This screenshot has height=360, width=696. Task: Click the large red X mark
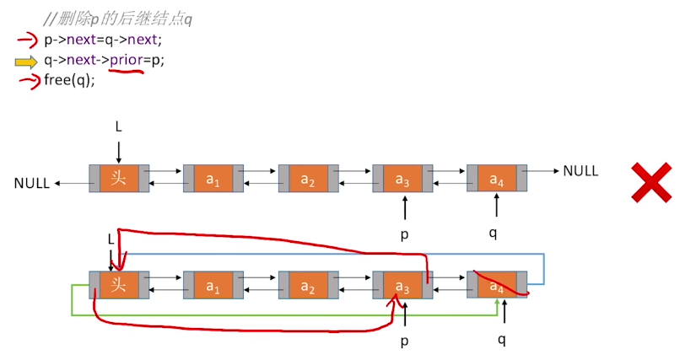tap(651, 182)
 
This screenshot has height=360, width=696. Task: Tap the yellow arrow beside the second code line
tap(26, 62)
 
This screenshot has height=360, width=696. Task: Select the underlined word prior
tap(126, 61)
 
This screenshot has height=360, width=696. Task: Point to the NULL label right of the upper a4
tap(580, 170)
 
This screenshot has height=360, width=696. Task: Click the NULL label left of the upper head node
tap(31, 183)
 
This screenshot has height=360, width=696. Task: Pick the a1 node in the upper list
tap(213, 178)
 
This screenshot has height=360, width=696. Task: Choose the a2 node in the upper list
tap(308, 178)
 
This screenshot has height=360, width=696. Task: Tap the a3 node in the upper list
tap(402, 178)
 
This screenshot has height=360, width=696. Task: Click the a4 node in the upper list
tap(497, 178)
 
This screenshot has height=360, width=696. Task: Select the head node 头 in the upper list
tap(119, 178)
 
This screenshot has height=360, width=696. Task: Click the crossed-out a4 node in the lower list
tap(497, 285)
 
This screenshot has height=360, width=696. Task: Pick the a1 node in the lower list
tap(213, 285)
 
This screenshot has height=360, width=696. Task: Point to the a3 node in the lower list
tap(402, 285)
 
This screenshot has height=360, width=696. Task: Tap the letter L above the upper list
tap(118, 126)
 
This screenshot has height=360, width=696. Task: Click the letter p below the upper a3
tap(404, 234)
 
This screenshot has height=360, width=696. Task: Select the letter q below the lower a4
tap(502, 340)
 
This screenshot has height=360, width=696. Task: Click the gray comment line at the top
tap(118, 19)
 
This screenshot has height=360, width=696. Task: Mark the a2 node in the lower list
tap(308, 285)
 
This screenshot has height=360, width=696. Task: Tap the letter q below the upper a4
tap(493, 234)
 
